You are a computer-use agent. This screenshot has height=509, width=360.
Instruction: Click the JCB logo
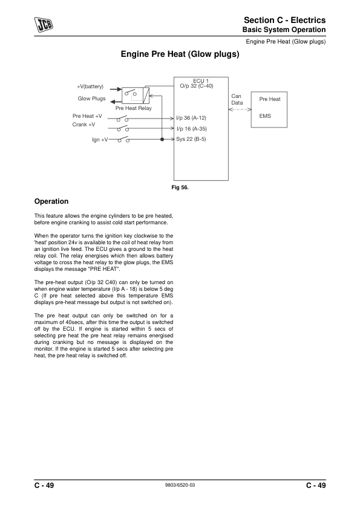point(43,24)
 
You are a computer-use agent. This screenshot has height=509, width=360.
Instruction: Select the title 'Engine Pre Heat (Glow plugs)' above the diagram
point(180,54)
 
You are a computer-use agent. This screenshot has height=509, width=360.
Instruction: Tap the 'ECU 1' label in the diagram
point(201,80)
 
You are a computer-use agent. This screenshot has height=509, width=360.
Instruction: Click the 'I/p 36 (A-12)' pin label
point(191,117)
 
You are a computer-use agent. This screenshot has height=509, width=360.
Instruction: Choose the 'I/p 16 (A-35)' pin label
point(191,129)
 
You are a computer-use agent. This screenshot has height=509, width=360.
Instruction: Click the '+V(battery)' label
point(90,88)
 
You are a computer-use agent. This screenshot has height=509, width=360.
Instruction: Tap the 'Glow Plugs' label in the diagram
point(91,99)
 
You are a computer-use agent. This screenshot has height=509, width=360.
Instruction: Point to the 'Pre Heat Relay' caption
point(134,108)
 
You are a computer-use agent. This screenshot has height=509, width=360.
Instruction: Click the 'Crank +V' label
point(83,125)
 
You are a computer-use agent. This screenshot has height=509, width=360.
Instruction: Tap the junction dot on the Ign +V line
point(162,140)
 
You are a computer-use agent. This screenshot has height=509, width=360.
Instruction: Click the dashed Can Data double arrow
point(240,110)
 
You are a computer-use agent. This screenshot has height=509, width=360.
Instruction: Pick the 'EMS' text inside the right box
point(265,115)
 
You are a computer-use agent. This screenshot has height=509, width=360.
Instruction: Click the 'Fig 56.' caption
point(180,188)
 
